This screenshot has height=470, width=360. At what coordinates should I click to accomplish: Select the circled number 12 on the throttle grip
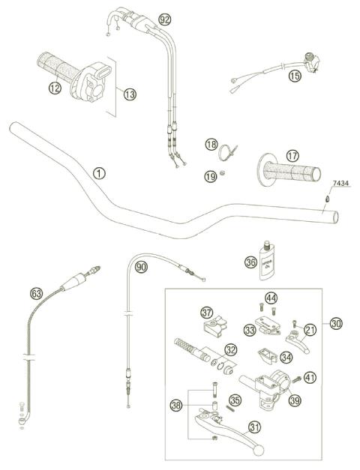54,88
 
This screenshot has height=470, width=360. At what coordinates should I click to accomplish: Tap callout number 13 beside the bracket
130,94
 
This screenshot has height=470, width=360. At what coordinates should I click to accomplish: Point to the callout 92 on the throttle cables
165,18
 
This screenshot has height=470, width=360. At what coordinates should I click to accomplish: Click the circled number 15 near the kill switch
294,75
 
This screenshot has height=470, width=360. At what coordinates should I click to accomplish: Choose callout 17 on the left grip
292,155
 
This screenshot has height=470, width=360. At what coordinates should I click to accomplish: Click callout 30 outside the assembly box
335,323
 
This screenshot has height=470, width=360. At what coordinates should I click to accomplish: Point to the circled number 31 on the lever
255,428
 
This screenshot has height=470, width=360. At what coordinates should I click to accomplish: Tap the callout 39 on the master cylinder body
295,401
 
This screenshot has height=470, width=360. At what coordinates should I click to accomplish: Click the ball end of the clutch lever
259,451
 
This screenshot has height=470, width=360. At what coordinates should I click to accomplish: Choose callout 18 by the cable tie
211,143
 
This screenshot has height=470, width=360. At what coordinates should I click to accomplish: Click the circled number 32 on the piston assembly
231,349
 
